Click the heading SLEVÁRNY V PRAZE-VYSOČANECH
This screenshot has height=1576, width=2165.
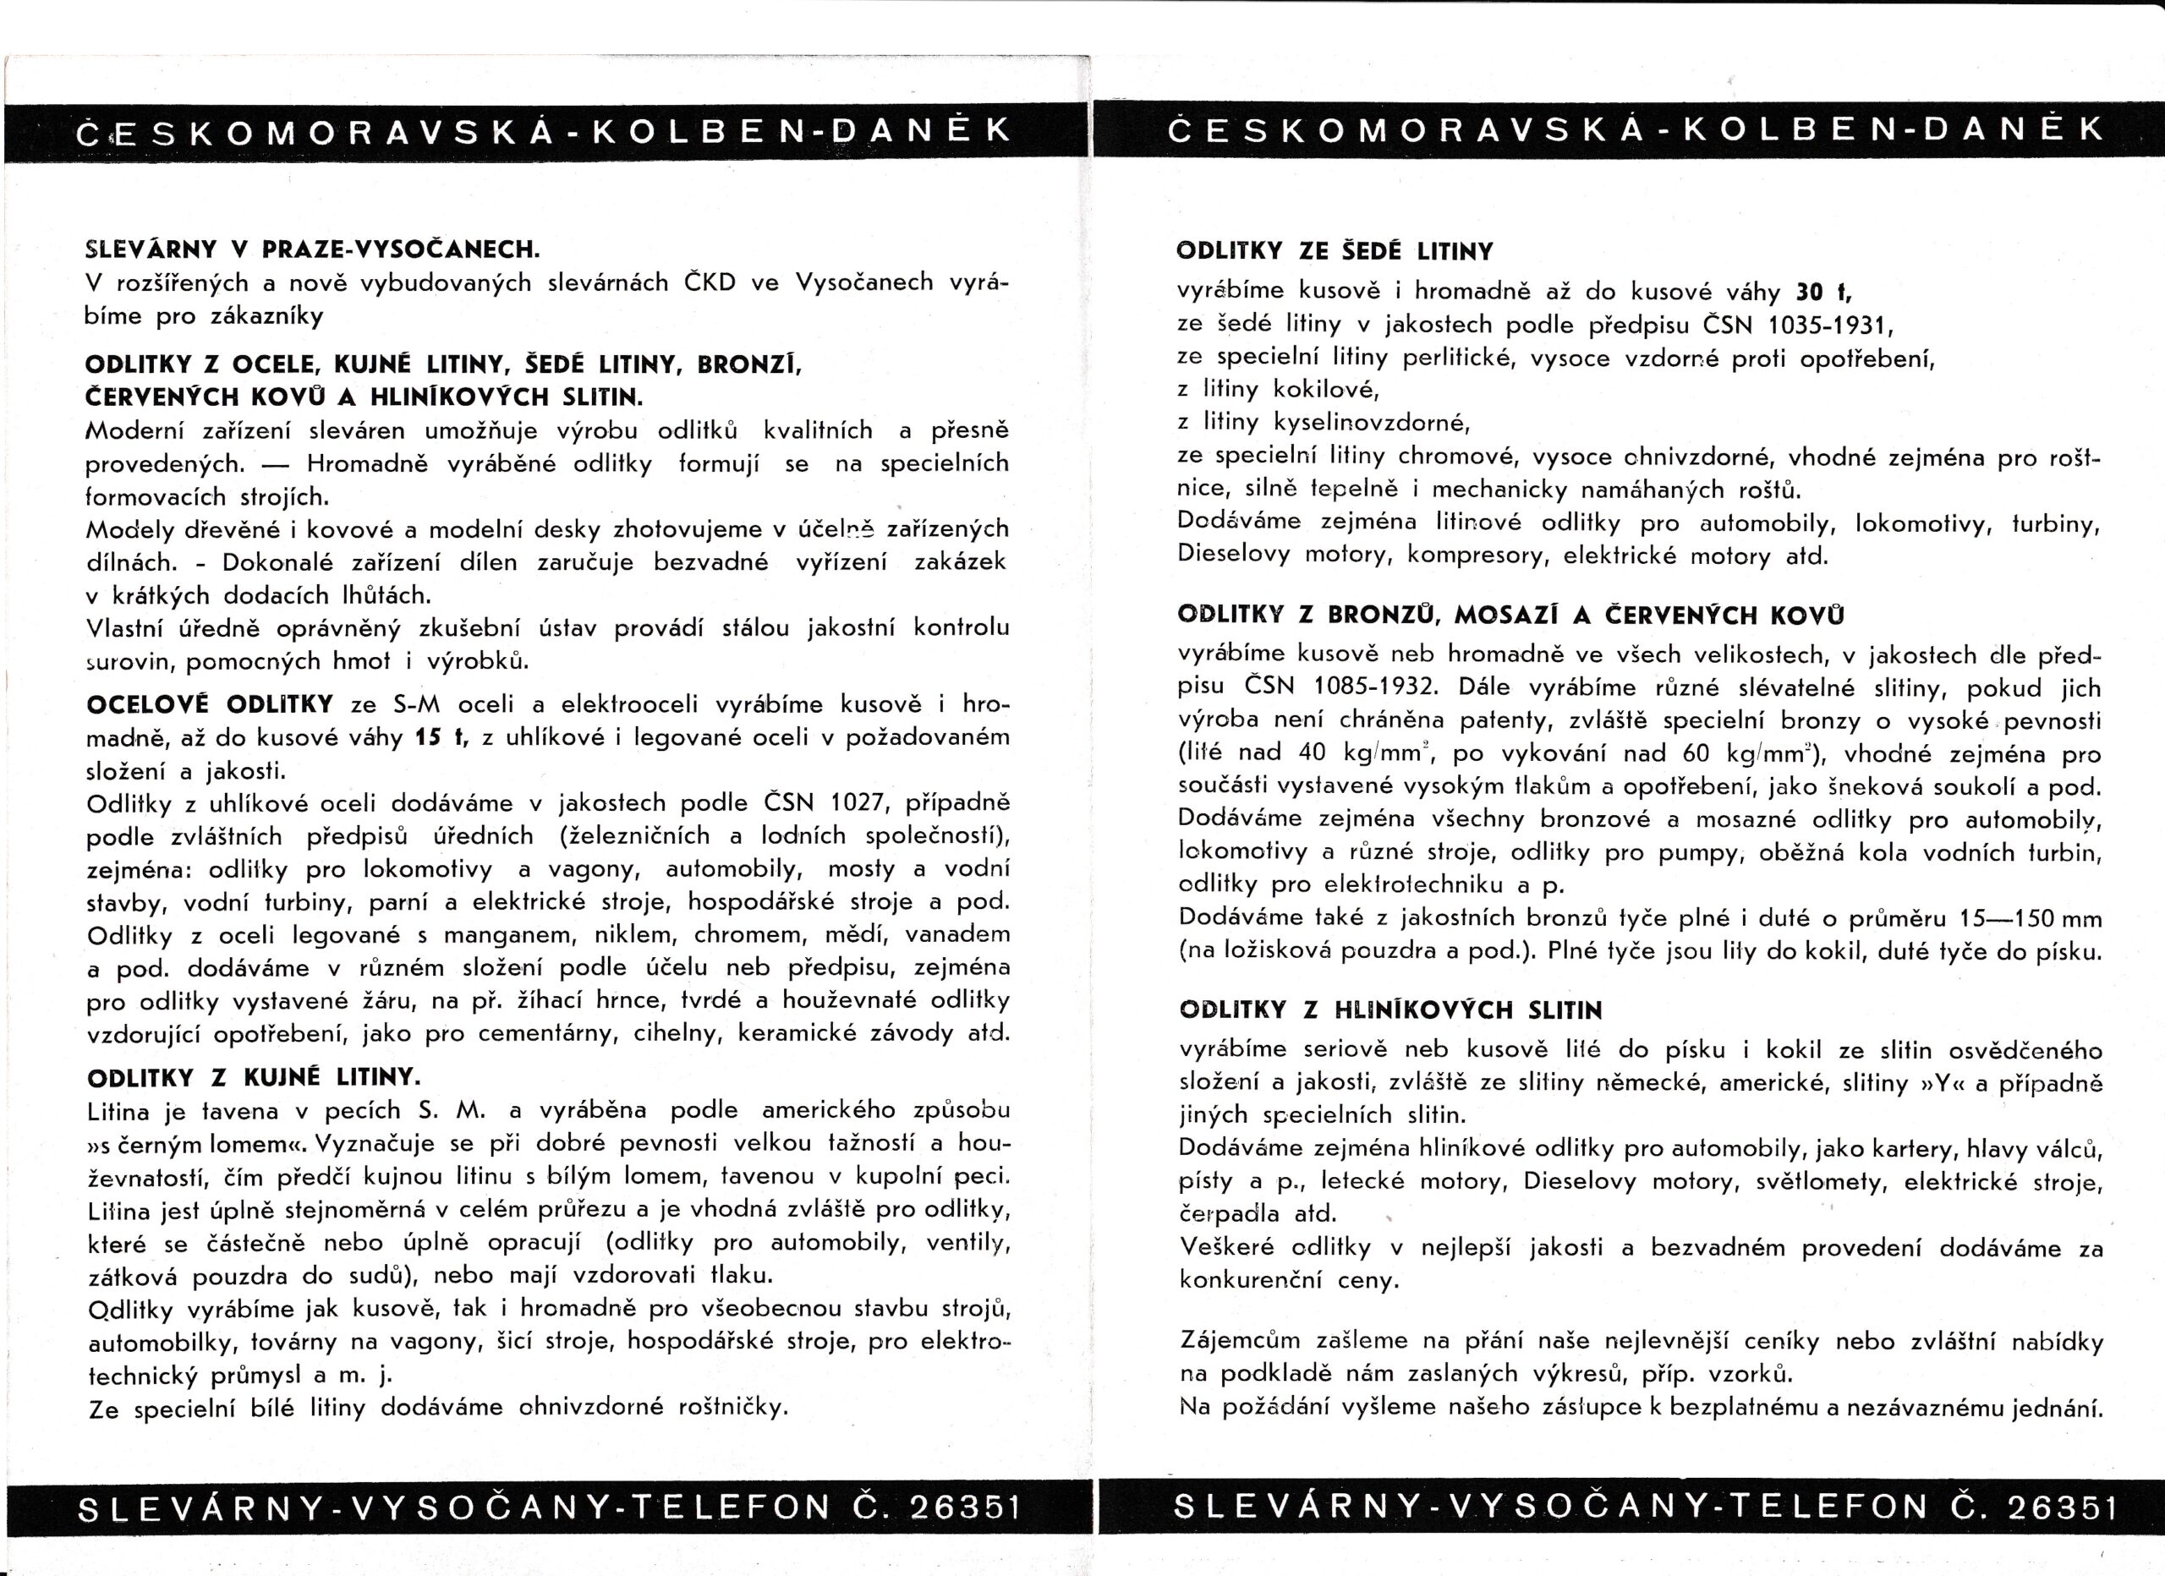tap(312, 249)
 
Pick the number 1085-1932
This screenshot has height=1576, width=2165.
tap(1374, 687)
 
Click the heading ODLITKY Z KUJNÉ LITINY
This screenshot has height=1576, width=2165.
tap(253, 1078)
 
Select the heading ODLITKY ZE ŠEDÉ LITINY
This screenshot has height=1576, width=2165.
tap(1335, 252)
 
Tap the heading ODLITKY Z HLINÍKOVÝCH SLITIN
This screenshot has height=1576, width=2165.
tap(1391, 1010)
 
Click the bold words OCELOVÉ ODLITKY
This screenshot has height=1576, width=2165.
tap(210, 704)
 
